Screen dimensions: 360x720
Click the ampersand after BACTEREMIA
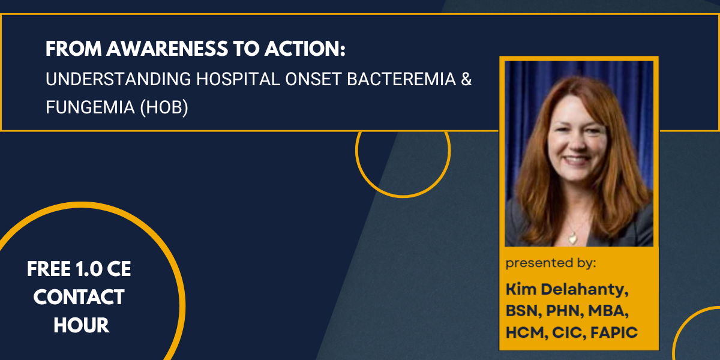(x=466, y=80)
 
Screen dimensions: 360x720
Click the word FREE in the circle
(x=48, y=269)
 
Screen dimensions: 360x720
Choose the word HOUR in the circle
(x=81, y=325)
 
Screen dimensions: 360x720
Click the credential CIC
(x=568, y=333)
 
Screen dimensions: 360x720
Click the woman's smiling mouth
(x=576, y=160)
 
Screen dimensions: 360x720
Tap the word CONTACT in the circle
(x=79, y=297)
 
